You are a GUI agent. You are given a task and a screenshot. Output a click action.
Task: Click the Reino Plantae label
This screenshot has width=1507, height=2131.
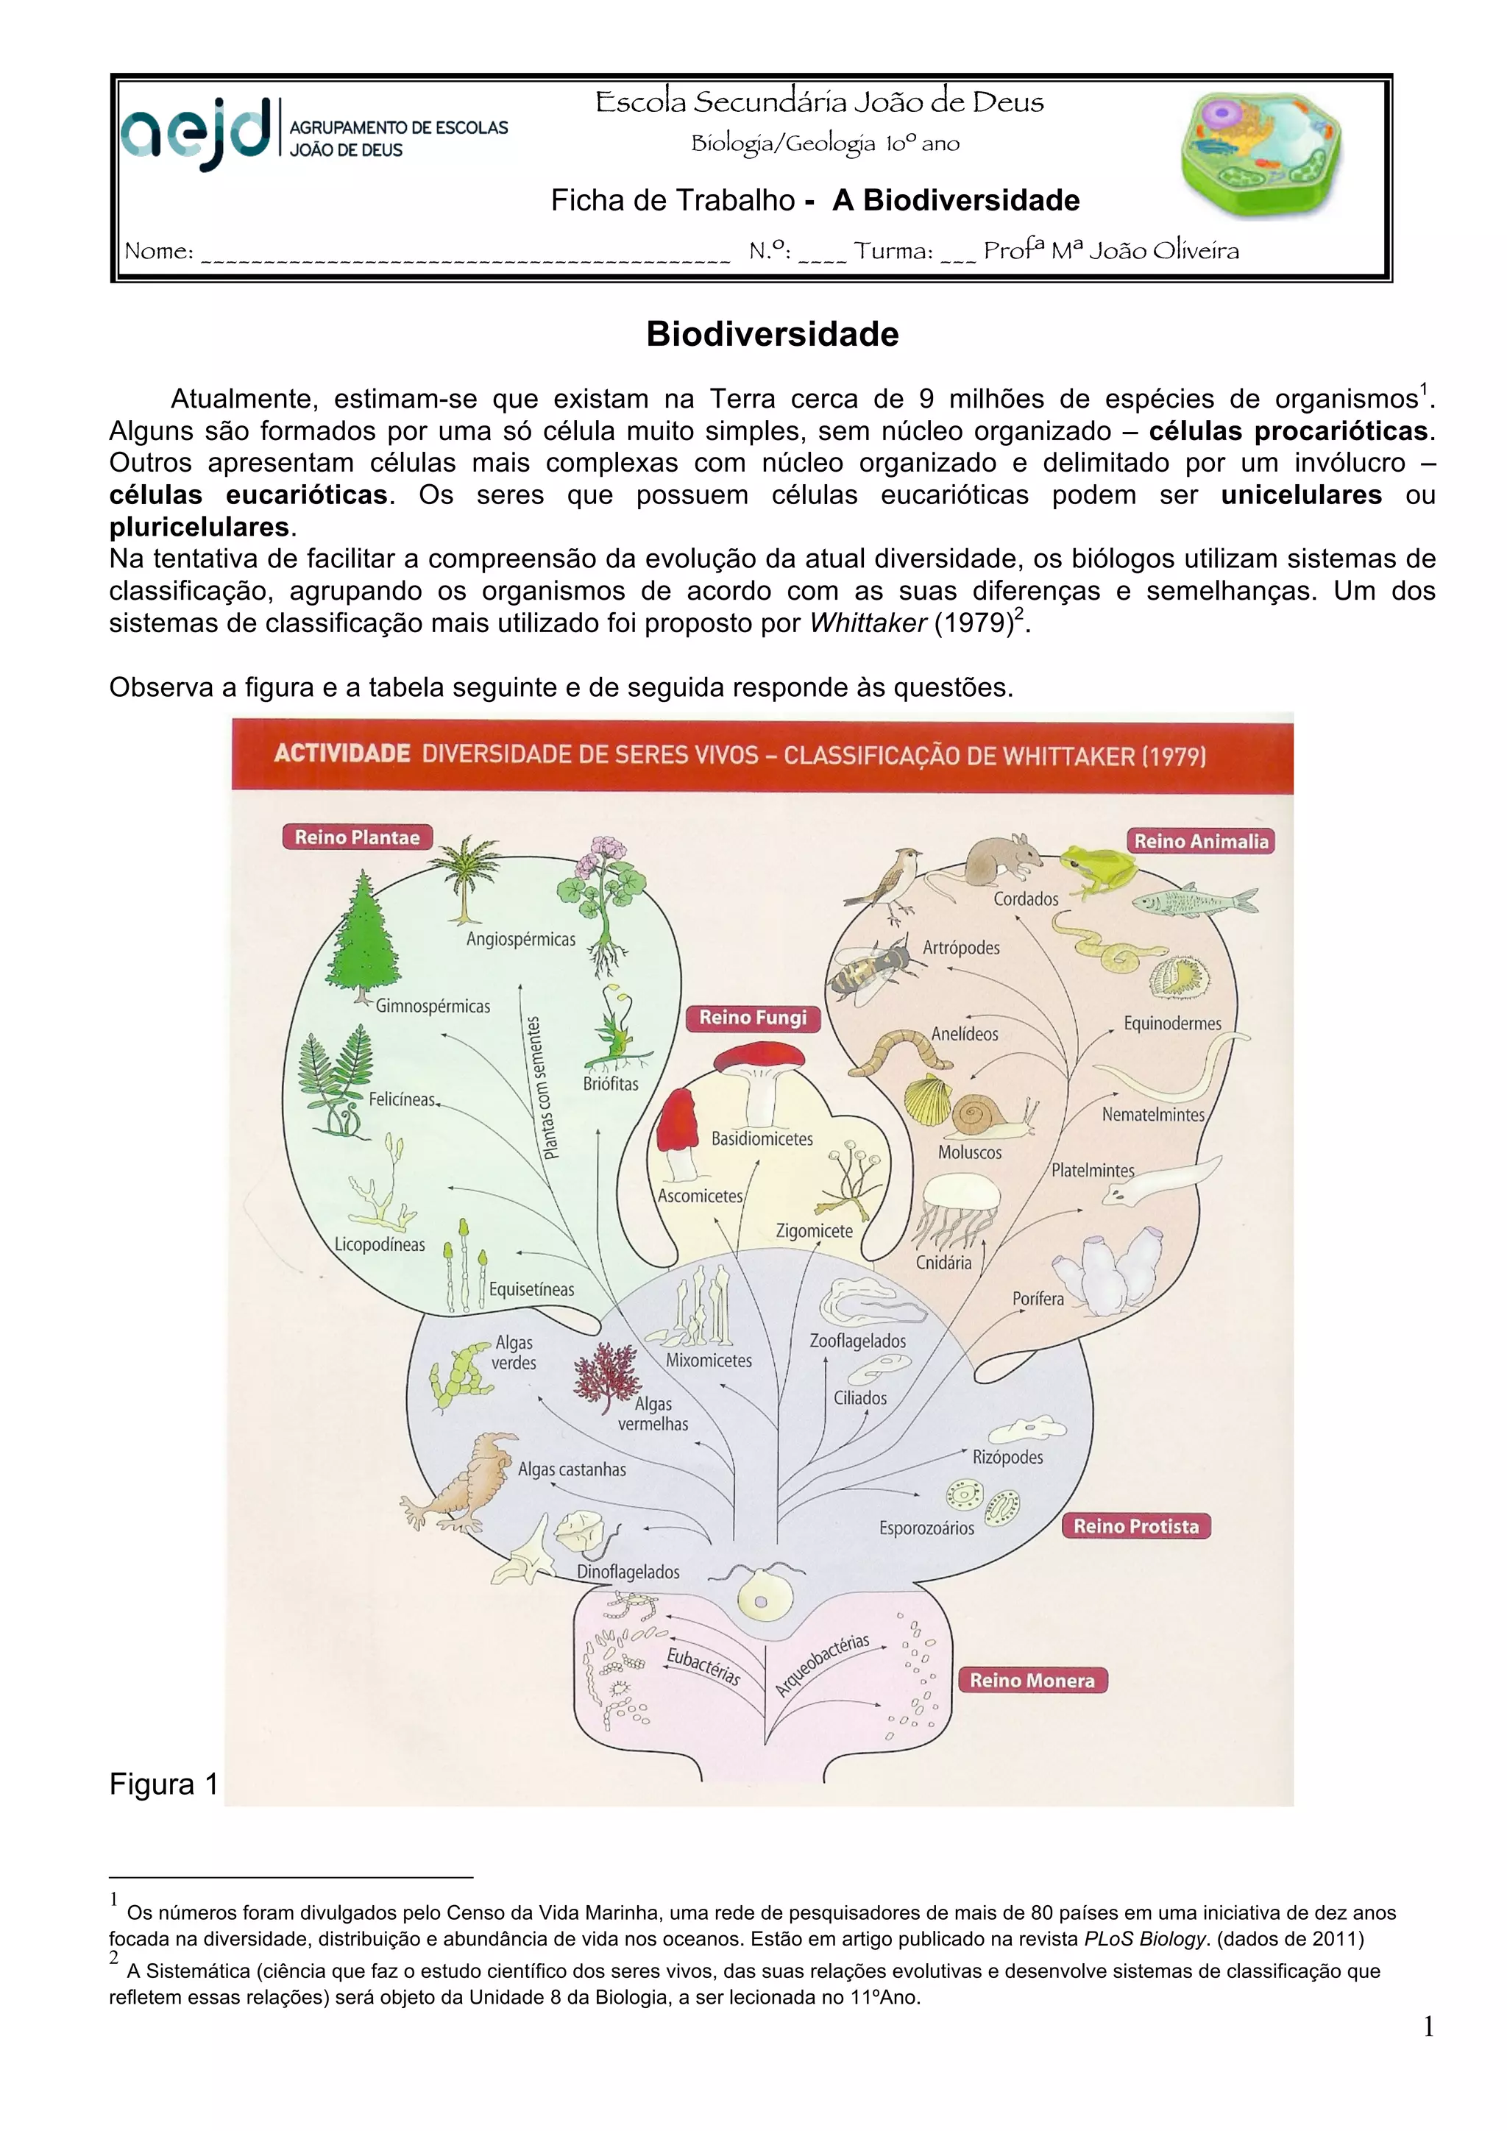click(x=358, y=837)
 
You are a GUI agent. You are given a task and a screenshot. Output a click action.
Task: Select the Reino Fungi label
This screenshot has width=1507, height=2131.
click(x=753, y=1017)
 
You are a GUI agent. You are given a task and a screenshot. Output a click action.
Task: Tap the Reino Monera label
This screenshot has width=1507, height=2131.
click(x=1032, y=1680)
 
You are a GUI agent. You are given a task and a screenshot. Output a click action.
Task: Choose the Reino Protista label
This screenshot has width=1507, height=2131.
click(x=1136, y=1526)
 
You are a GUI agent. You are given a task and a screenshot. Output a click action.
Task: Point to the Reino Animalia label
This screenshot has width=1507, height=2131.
click(x=1201, y=841)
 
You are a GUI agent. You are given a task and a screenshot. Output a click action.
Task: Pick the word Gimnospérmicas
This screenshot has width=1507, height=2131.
click(x=433, y=1006)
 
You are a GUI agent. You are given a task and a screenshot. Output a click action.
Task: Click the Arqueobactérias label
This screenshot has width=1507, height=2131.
click(x=821, y=1665)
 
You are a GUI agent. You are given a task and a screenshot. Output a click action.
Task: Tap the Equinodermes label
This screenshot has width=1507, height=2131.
click(x=1172, y=1023)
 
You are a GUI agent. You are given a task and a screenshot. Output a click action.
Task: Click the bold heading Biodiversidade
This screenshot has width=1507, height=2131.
click(x=772, y=334)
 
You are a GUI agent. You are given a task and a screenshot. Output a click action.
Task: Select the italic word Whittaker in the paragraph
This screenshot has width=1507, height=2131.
click(x=868, y=623)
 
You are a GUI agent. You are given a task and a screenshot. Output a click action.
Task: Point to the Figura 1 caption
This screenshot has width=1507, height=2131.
click(x=163, y=1784)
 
